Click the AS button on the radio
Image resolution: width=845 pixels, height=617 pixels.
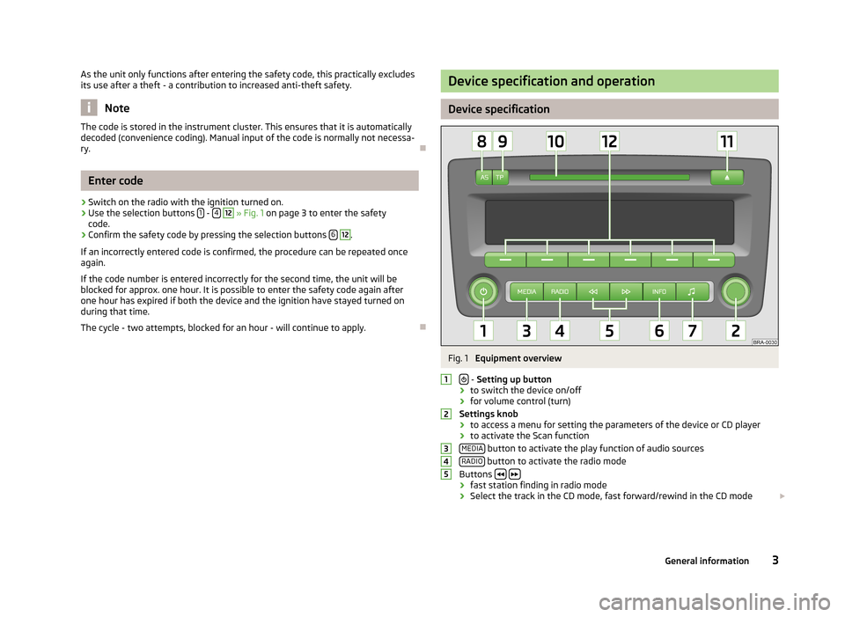pos(484,178)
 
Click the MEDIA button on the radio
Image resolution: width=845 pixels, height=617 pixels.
pos(527,290)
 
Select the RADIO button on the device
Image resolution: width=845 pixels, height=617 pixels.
pos(559,290)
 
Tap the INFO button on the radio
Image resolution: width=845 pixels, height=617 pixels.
pos(659,290)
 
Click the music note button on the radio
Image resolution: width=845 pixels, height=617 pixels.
pos(692,290)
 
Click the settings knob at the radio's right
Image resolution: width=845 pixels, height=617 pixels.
pos(736,290)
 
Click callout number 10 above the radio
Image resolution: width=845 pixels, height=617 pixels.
pos(556,142)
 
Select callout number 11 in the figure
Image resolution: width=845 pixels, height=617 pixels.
pos(726,142)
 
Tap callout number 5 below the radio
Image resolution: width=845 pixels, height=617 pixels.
pos(609,331)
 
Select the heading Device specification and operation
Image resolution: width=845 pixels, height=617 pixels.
pos(551,81)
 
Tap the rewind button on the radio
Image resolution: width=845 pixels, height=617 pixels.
pos(592,290)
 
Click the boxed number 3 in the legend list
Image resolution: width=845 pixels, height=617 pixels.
pos(447,449)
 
